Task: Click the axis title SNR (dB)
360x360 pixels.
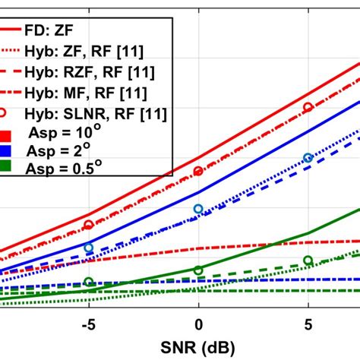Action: click(197, 346)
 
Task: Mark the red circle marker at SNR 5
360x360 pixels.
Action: click(308, 108)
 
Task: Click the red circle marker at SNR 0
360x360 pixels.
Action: click(198, 172)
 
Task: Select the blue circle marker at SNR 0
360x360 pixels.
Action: click(198, 209)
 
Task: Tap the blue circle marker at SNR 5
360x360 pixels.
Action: click(308, 158)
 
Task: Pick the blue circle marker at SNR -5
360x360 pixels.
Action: click(89, 248)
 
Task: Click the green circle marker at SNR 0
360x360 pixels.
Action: click(198, 270)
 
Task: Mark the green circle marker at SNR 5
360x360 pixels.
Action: click(308, 260)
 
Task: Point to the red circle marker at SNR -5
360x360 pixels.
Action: click(89, 225)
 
